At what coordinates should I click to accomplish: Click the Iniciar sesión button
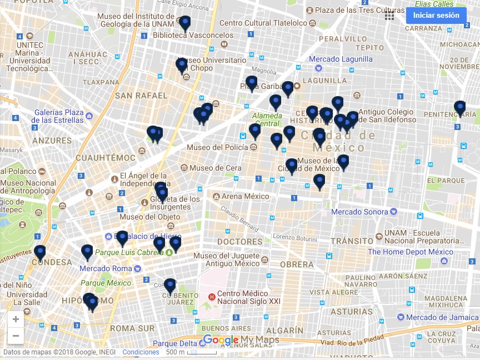tap(436, 16)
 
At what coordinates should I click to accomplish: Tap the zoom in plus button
tap(16, 319)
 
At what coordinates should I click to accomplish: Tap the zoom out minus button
tap(16, 336)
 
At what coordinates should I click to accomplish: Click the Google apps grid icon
tap(389, 16)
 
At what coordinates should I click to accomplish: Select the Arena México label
tap(245, 196)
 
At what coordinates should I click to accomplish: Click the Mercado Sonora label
tap(359, 212)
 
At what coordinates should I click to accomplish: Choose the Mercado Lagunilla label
tap(341, 59)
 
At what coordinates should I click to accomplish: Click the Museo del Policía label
tap(217, 147)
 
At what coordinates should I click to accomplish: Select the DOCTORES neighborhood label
tap(240, 242)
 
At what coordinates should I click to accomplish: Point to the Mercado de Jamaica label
tap(442, 317)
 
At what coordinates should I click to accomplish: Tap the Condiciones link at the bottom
tap(141, 352)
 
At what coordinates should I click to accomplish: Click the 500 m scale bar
tap(192, 352)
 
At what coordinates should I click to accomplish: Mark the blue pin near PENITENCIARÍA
tap(459, 108)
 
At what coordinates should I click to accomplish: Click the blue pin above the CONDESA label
tap(39, 252)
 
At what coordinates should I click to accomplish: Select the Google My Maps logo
tap(241, 340)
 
